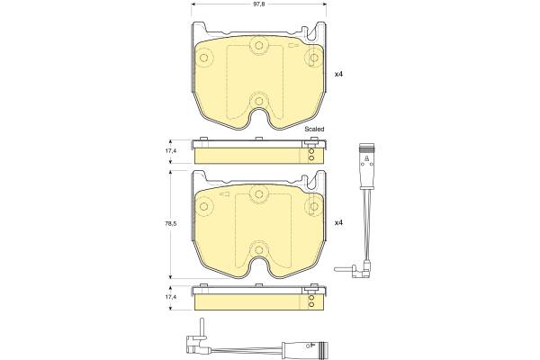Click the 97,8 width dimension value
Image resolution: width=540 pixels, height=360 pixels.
point(259,4)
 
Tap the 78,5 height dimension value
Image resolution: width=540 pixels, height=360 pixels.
point(171,223)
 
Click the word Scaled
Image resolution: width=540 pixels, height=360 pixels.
point(314,130)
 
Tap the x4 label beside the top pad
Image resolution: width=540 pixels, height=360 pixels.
point(339,74)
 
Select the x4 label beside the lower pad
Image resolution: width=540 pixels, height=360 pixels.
point(339,223)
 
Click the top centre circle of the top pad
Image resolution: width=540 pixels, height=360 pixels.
point(259,46)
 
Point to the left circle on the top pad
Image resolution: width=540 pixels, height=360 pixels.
point(204,58)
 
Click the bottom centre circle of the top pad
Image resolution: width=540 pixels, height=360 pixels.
point(259,101)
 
